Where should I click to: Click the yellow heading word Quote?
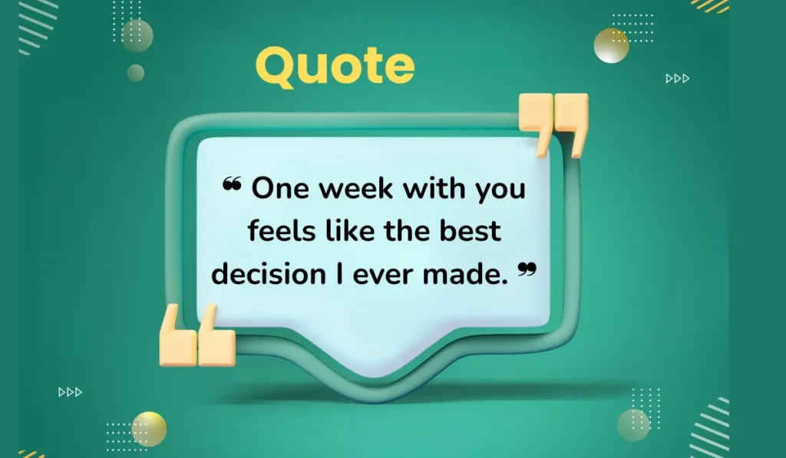[x=335, y=66]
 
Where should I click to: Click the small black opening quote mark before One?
[x=231, y=184]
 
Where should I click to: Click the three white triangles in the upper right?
[x=677, y=78]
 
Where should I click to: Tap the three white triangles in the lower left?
[x=70, y=392]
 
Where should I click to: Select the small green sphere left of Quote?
[x=136, y=73]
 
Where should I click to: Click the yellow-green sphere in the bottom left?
[x=149, y=427]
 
